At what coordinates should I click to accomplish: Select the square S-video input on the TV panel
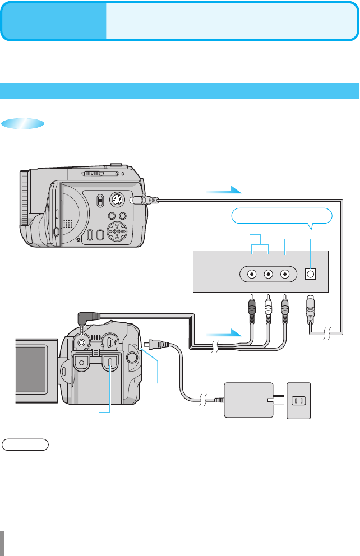click(310, 275)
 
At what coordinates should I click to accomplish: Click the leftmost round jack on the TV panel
click(252, 275)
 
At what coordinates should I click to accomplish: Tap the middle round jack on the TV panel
click(269, 275)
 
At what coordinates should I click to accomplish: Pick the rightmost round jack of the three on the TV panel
click(286, 275)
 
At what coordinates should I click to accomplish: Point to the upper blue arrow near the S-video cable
click(224, 192)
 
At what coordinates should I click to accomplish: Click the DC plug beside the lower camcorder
click(152, 344)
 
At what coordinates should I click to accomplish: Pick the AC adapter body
click(247, 400)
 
